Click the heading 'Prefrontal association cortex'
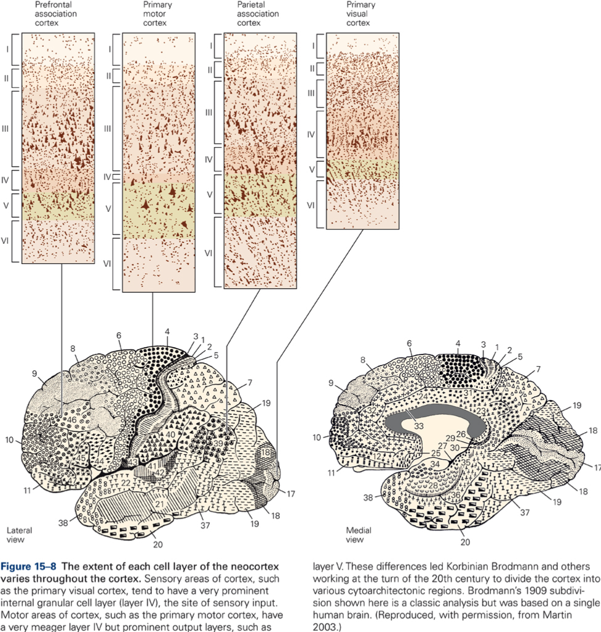coord(55,14)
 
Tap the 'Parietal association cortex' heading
coord(258,14)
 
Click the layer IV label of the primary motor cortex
coord(107,177)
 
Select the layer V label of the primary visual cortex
coord(311,170)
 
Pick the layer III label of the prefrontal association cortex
coord(6,129)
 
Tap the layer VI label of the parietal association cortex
coord(209,253)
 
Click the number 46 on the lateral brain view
coord(71,420)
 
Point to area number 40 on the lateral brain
coord(170,434)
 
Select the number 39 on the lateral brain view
coord(218,443)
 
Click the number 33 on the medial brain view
coord(419,426)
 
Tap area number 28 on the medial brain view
coord(432,485)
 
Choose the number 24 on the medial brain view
coord(423,396)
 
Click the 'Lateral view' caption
coord(19,535)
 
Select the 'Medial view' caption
coord(359,535)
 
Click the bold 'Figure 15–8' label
coord(28,567)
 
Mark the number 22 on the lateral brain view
coord(125,483)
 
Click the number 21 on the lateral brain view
coord(160,504)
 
